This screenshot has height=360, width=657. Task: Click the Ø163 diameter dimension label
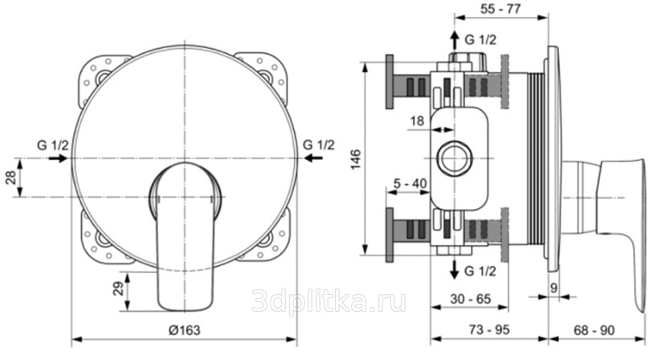[x=185, y=330]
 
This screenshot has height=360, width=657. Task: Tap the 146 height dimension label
[x=355, y=159]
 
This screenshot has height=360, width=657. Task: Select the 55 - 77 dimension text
[x=500, y=8]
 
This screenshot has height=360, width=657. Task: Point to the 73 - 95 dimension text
[x=489, y=329]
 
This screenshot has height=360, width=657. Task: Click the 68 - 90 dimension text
[x=594, y=329]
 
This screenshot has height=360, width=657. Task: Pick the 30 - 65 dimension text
[x=470, y=299]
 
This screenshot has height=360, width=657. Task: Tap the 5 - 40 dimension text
[x=410, y=183]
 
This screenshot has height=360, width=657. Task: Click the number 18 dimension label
[x=417, y=121]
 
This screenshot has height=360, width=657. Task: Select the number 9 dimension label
[x=554, y=288]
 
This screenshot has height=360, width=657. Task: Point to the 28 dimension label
[x=11, y=178]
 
